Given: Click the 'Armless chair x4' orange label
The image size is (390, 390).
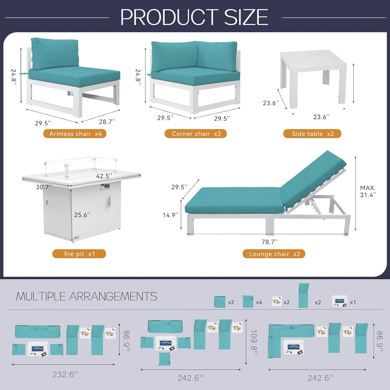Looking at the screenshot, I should [x=75, y=134].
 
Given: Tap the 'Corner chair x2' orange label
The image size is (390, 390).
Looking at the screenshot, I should [x=196, y=134].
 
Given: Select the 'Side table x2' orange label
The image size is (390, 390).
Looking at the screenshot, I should [x=312, y=134].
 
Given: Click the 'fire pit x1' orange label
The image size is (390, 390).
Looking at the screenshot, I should [x=79, y=254].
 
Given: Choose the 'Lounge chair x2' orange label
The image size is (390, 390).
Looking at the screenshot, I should [x=274, y=254].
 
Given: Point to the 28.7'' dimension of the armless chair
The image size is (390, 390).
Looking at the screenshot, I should [x=107, y=122].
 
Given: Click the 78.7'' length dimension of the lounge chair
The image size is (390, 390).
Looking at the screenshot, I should [x=270, y=242].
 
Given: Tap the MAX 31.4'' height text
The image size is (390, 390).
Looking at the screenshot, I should [x=368, y=191].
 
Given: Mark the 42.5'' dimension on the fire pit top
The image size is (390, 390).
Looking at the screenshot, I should [x=104, y=176].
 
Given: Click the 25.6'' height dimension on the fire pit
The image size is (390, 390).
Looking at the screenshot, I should [x=82, y=215].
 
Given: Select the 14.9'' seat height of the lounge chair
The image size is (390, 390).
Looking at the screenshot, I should [x=171, y=215].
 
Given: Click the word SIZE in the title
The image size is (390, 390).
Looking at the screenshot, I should [x=246, y=17].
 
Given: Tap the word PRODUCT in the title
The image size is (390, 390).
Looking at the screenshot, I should [x=169, y=17].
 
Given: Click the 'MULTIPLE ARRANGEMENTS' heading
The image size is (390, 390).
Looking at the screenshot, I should [x=87, y=296].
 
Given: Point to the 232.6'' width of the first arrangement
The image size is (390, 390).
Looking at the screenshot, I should [x=65, y=374].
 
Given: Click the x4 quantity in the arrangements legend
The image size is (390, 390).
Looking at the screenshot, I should [x=259, y=302].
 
